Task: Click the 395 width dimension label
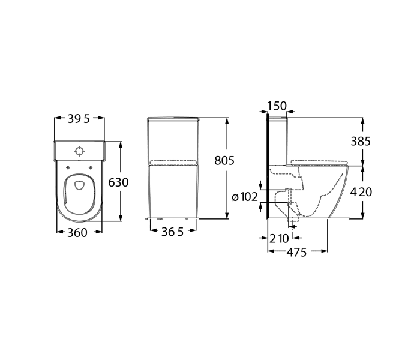coord(78,119)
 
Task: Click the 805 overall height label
coord(224,161)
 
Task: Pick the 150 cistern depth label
coord(276,106)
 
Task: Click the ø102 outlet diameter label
coord(244,196)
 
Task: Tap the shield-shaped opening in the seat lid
coord(79,187)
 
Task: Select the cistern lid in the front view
coord(173,121)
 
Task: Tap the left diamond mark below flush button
coord(68,167)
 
